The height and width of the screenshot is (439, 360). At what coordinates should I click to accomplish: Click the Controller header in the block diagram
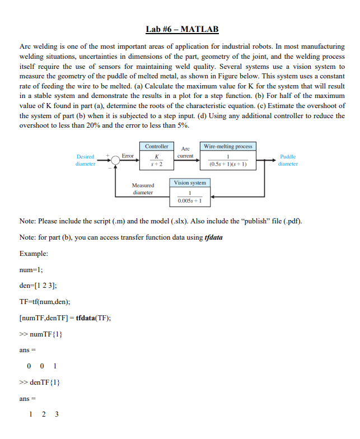[157, 146]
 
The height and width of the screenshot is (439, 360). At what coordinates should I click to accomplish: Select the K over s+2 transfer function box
[157, 160]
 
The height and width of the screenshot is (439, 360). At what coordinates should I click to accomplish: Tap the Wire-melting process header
[228, 146]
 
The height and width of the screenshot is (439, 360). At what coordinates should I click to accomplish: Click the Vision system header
[190, 183]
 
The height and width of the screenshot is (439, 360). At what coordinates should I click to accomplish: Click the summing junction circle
[115, 161]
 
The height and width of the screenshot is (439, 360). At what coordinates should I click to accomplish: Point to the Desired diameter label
[85, 160]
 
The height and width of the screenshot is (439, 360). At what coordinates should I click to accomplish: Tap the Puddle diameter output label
[288, 160]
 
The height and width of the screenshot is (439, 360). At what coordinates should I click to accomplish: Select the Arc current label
[185, 152]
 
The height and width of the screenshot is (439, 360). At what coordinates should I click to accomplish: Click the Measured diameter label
[143, 189]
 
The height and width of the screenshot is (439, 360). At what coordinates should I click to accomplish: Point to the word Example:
[34, 254]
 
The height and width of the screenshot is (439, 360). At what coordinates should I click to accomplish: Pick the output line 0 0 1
[42, 366]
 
